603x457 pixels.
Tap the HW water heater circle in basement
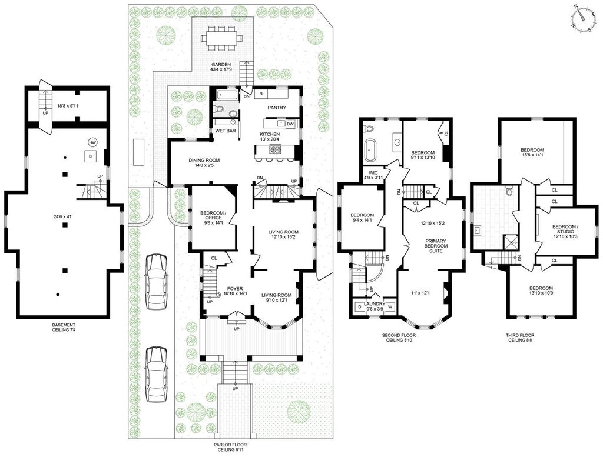click(x=92, y=142)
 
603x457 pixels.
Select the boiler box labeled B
click(x=90, y=156)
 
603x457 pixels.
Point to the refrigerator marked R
click(x=261, y=94)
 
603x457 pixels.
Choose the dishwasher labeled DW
click(x=290, y=124)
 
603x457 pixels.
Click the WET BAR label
click(x=226, y=131)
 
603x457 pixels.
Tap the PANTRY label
click(x=277, y=108)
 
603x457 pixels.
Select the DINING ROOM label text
click(x=204, y=160)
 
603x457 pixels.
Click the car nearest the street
click(x=156, y=373)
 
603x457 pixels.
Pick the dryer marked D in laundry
click(x=360, y=307)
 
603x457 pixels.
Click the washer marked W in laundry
click(x=390, y=307)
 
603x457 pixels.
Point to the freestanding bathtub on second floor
click(x=371, y=151)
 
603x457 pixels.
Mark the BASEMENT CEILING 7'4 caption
click(x=65, y=327)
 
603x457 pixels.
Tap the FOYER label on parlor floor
click(x=234, y=288)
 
